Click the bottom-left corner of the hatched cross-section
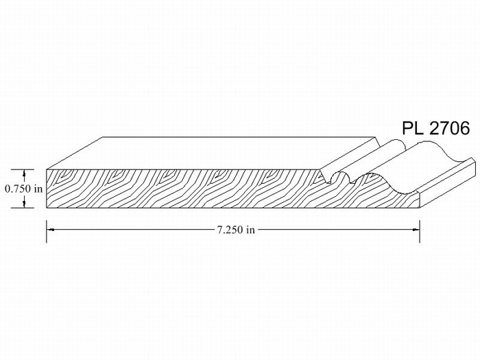point(47,206)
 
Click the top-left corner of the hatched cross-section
point(47,169)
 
